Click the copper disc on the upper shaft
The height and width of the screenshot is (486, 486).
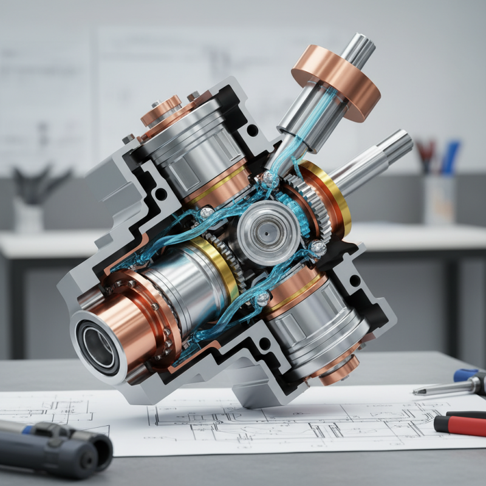click(335, 82)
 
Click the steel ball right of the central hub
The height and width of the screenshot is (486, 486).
click(317, 248)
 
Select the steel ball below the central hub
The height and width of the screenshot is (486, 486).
click(262, 298)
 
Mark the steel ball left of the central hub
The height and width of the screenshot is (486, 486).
click(207, 212)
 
